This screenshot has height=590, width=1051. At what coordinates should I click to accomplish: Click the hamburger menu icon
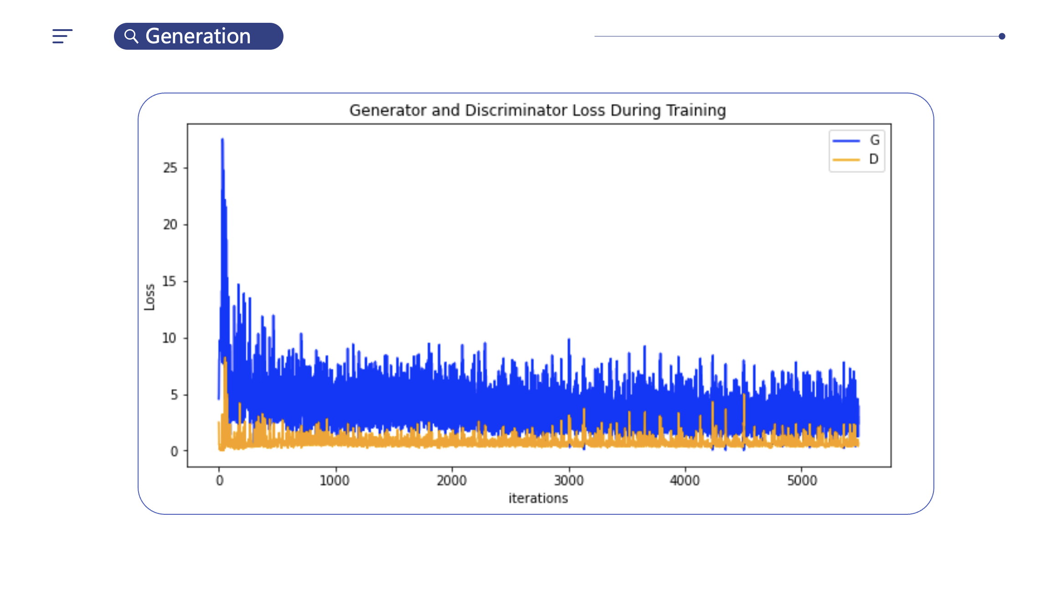[62, 36]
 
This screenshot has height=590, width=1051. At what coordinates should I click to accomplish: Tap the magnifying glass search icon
[131, 36]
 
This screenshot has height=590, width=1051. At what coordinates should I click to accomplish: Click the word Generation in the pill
[198, 36]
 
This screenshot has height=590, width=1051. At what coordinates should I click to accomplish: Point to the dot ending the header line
[1002, 36]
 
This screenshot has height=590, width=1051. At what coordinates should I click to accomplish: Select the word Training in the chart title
[696, 110]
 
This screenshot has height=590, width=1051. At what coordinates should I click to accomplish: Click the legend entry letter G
[874, 140]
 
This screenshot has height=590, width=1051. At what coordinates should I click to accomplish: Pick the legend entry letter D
[874, 159]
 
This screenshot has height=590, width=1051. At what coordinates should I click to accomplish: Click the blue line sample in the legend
[846, 141]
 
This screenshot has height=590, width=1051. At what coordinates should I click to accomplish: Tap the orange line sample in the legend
[846, 160]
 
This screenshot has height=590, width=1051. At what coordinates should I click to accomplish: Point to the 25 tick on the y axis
[170, 168]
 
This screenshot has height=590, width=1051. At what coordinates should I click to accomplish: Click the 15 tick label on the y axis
[169, 281]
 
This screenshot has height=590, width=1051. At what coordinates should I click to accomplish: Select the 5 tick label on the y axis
[174, 395]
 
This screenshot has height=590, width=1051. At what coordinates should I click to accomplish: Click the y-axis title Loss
[149, 297]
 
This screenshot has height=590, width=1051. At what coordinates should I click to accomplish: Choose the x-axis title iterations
[538, 498]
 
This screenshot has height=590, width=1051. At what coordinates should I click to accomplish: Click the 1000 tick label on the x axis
[335, 481]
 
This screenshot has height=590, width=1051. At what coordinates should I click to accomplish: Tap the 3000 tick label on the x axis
[569, 481]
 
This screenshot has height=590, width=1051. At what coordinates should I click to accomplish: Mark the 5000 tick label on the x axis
[802, 481]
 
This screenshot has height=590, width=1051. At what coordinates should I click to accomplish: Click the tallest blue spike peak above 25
[222, 140]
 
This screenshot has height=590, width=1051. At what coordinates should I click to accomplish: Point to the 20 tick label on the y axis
[170, 224]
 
